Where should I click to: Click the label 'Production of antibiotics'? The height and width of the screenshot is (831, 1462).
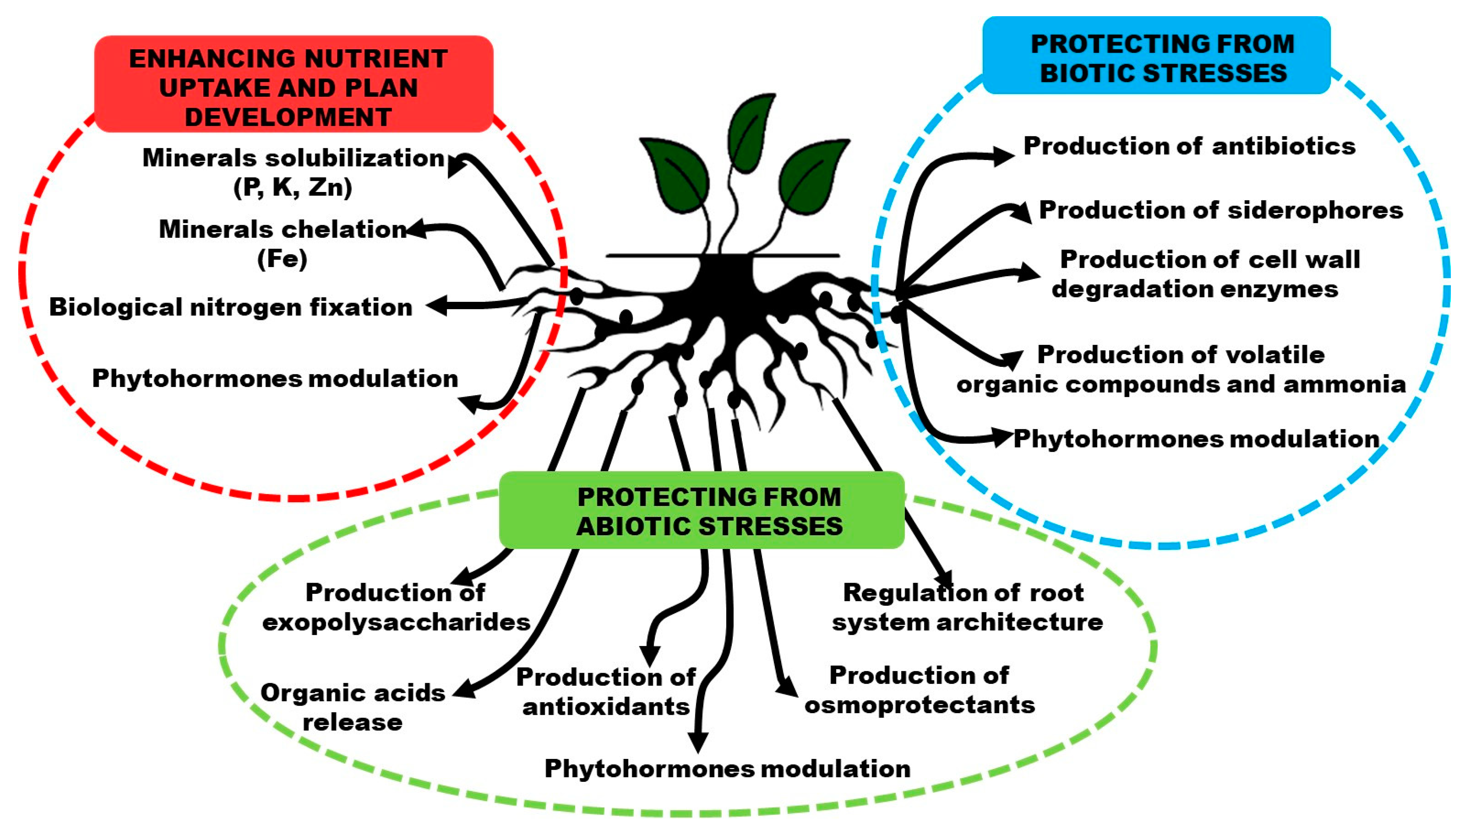click(1189, 146)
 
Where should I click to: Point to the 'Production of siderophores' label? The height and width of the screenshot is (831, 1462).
click(1220, 210)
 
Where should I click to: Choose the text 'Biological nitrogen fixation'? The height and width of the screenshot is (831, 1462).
click(231, 307)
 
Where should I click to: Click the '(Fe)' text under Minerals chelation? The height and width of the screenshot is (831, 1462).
click(282, 259)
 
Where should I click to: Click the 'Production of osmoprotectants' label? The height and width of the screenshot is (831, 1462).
click(919, 690)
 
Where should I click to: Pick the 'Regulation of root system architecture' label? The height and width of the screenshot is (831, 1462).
click(967, 607)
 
